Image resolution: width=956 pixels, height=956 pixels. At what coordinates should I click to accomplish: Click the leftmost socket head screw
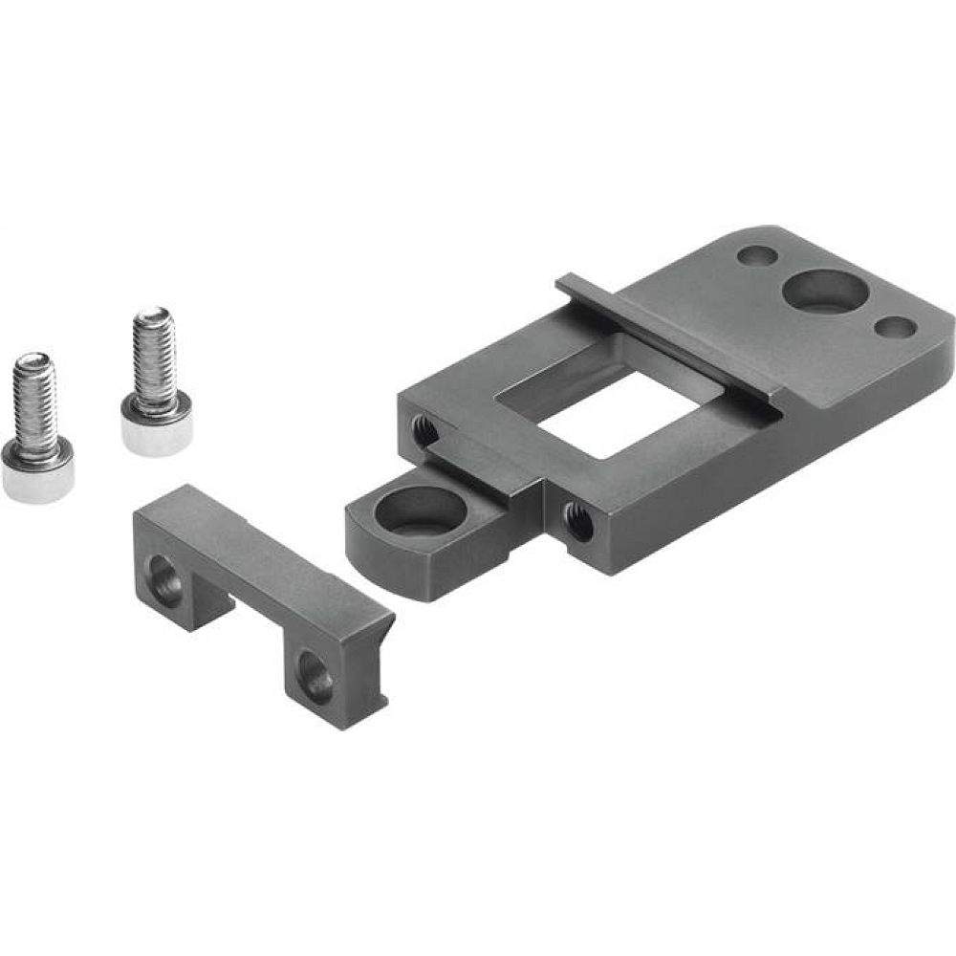pyautogui.click(x=36, y=430)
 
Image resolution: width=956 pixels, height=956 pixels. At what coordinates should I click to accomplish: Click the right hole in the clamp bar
pyautogui.click(x=315, y=679)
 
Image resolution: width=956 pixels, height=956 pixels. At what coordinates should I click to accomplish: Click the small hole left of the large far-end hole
pyautogui.click(x=758, y=257)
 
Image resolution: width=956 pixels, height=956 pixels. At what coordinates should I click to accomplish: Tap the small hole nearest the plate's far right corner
pyautogui.click(x=895, y=328)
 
